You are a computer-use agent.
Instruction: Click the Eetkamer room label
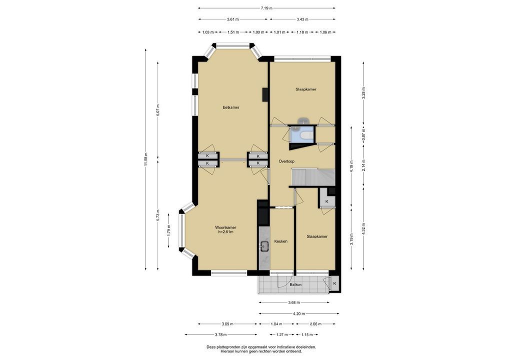click(231, 107)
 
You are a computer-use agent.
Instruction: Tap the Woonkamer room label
click(225, 227)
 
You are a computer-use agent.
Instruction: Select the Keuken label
click(281, 241)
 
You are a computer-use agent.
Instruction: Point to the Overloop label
click(286, 161)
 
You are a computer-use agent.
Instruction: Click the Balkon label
click(295, 284)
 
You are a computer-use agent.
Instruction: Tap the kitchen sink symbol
click(264, 246)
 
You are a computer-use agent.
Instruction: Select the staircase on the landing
click(313, 177)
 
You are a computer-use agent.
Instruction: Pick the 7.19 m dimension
click(266, 8)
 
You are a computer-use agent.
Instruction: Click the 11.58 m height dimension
click(146, 159)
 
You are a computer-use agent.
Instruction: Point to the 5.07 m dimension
click(158, 110)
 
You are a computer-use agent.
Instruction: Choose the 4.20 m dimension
click(298, 313)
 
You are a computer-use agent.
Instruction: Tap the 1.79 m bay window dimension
click(168, 230)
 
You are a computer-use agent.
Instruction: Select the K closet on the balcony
click(334, 283)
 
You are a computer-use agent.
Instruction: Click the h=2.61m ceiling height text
click(225, 232)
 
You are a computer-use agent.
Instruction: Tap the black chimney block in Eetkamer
click(265, 94)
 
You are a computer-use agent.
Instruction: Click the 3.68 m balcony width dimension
click(294, 302)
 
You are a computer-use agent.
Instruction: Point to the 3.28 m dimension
click(363, 93)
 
